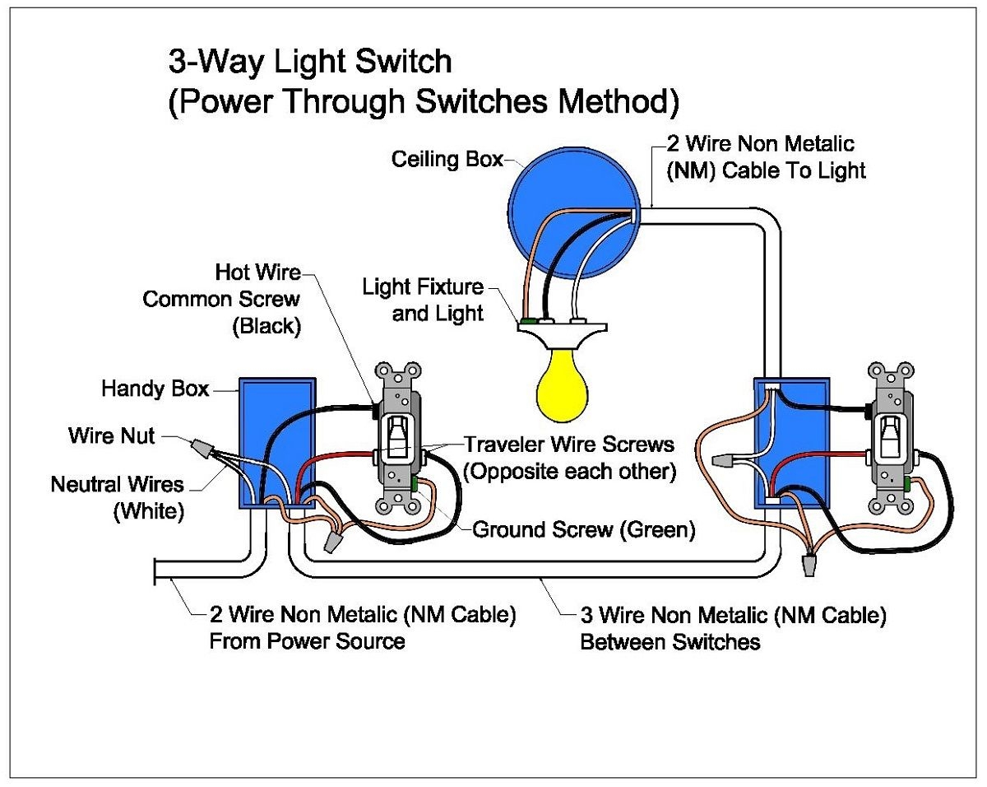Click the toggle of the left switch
398,435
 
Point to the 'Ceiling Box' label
447,159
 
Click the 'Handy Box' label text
155,388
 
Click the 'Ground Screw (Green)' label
583,529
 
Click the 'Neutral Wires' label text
117,484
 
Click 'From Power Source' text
307,640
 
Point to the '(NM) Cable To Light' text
764,170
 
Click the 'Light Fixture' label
424,287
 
